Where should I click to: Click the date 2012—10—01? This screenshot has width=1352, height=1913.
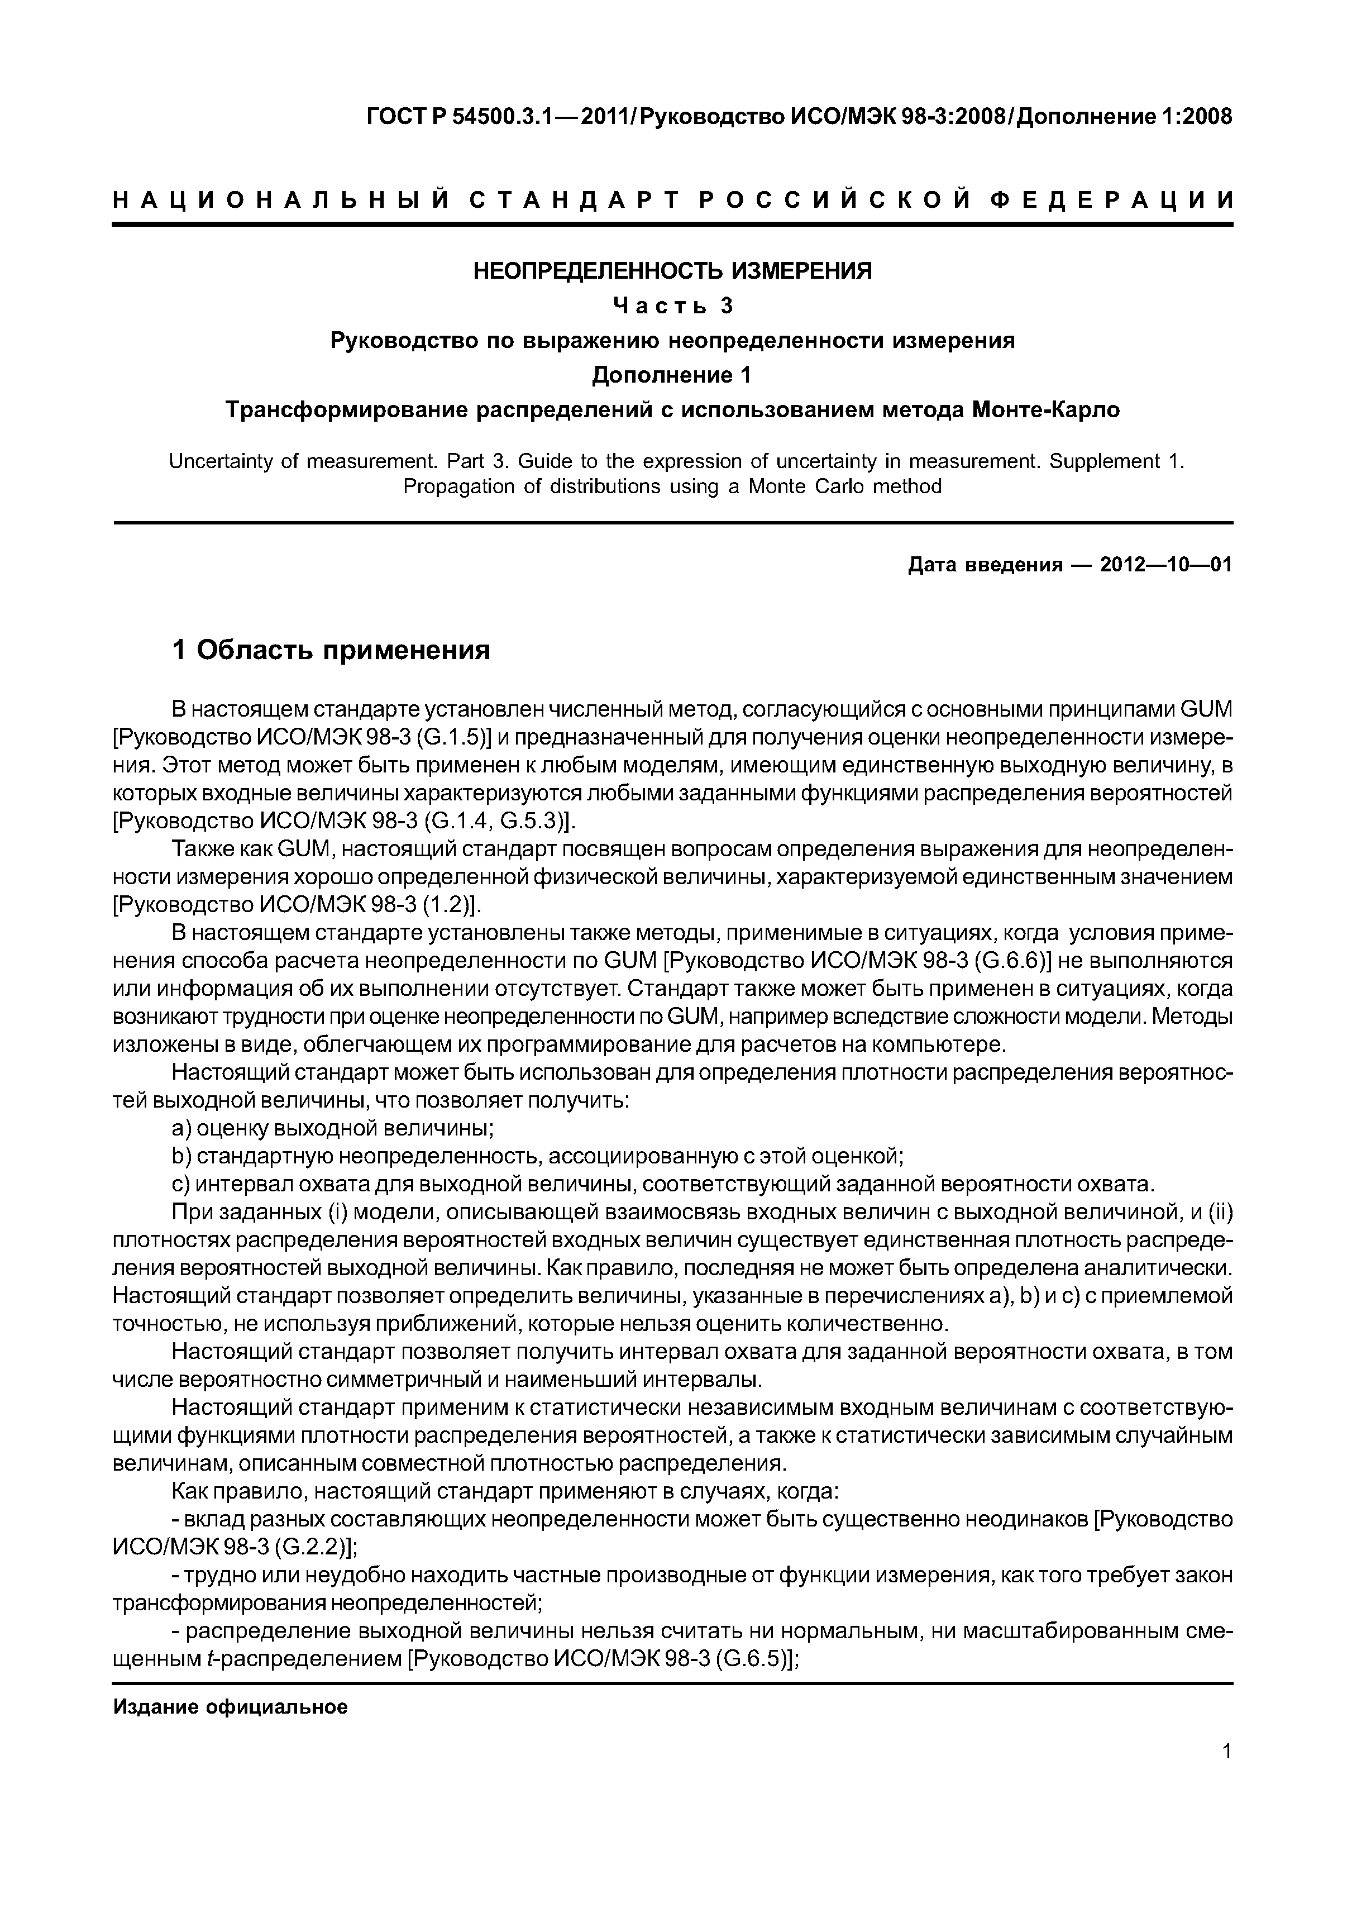pos(1165,565)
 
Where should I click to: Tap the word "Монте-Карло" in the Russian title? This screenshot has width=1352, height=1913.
pos(1047,410)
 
